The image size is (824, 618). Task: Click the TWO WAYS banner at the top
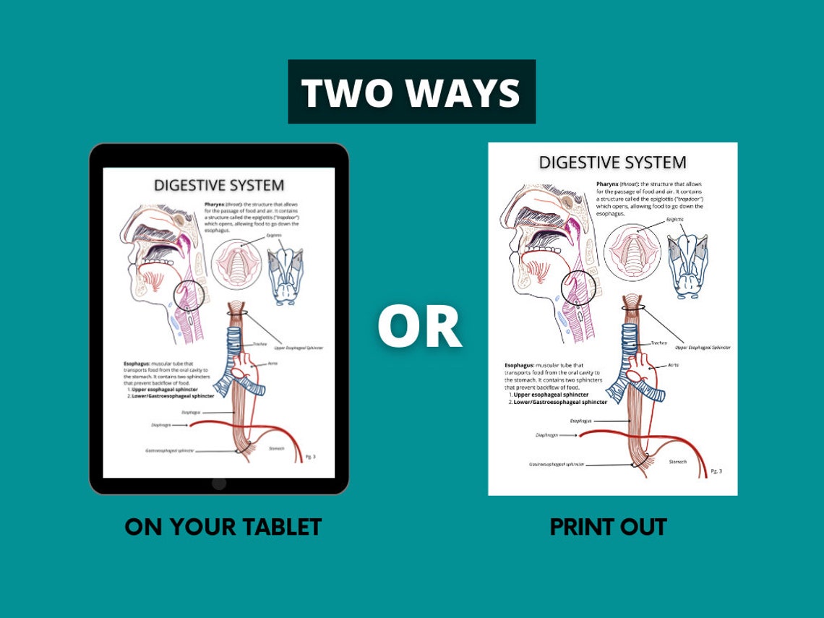click(x=411, y=93)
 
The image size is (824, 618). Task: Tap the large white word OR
click(x=419, y=326)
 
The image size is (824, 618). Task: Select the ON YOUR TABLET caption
click(x=223, y=527)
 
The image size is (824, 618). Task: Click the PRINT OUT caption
click(x=608, y=527)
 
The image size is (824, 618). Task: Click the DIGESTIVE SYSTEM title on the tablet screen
click(x=219, y=186)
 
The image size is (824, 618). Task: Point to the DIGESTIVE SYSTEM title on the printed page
click(x=612, y=163)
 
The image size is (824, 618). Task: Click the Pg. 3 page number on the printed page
click(x=716, y=471)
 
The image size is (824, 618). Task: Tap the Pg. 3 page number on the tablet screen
click(x=310, y=457)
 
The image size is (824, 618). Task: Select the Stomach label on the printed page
click(x=677, y=461)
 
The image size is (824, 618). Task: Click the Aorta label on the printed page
click(x=672, y=366)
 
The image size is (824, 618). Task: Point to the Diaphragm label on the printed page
click(x=546, y=435)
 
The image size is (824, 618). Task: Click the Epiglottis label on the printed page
click(x=674, y=218)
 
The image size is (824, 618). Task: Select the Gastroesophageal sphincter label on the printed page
click(x=557, y=465)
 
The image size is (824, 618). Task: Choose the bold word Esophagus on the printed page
click(x=520, y=366)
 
